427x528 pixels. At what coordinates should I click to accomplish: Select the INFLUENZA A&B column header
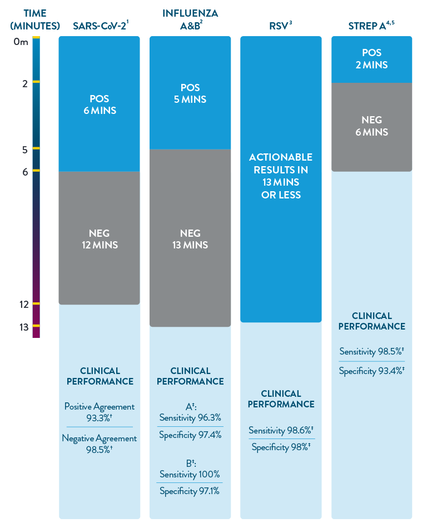pyautogui.click(x=190, y=19)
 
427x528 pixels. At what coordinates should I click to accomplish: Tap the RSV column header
pyautogui.click(x=281, y=26)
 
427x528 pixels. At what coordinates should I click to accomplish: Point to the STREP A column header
pyautogui.click(x=371, y=26)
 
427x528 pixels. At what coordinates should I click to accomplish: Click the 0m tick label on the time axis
pyautogui.click(x=21, y=42)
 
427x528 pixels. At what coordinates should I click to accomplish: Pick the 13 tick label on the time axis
pyautogui.click(x=23, y=327)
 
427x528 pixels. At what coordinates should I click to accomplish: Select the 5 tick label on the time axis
pyautogui.click(x=24, y=150)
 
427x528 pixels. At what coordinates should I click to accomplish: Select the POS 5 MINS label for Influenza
pyautogui.click(x=190, y=93)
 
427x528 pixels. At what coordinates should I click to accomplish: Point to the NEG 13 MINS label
pyautogui.click(x=190, y=239)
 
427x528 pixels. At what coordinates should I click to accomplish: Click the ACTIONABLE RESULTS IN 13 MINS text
pyautogui.click(x=281, y=176)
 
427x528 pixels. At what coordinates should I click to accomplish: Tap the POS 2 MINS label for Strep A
pyautogui.click(x=372, y=59)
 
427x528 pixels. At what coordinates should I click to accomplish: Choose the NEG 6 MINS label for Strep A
pyautogui.click(x=372, y=126)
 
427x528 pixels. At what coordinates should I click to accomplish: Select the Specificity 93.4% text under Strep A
pyautogui.click(x=371, y=371)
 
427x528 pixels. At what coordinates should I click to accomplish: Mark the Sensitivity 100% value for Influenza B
pyautogui.click(x=190, y=474)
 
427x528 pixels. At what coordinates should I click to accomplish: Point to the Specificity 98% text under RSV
pyautogui.click(x=281, y=447)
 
